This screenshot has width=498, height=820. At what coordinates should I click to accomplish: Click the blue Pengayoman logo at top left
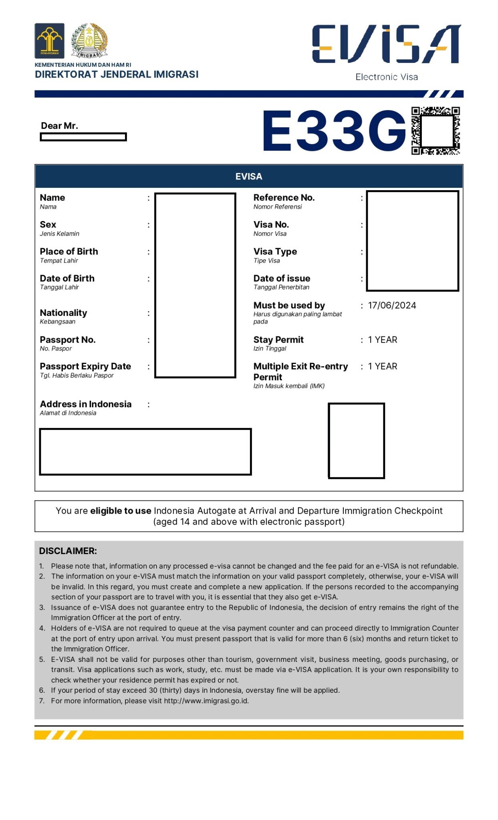pos(49,41)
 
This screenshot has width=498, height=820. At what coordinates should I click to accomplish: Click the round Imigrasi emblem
pos(89,40)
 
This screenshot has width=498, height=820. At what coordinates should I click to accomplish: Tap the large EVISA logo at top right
pos(386,44)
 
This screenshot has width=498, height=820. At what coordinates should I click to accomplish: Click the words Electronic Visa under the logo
pos(386,77)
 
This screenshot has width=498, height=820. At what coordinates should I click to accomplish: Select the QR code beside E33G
pos(435,131)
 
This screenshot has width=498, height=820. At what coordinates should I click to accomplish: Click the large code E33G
pos(335,131)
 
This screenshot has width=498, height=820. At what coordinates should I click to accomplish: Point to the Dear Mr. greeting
pos(59,126)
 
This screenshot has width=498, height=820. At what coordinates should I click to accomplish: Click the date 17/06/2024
pos(392,305)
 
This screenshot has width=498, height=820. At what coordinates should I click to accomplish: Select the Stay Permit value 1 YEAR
pos(383,340)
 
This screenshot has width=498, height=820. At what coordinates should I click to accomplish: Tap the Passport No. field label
pos(68,340)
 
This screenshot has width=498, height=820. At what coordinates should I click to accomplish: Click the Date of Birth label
pos(67,278)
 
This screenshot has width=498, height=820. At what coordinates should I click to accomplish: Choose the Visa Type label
pos(275,251)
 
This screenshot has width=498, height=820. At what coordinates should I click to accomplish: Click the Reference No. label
pos(284,197)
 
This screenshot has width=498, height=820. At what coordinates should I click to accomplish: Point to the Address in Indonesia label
pos(85,404)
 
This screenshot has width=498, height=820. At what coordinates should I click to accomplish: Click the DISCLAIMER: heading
pos(68,551)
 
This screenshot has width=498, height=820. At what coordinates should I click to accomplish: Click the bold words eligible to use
pos(121,511)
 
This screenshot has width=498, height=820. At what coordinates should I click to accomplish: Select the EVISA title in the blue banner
pos(248,177)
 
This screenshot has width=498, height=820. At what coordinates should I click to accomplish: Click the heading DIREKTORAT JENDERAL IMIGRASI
pos(117,74)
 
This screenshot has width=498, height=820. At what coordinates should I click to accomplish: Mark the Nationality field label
pos(63,313)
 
